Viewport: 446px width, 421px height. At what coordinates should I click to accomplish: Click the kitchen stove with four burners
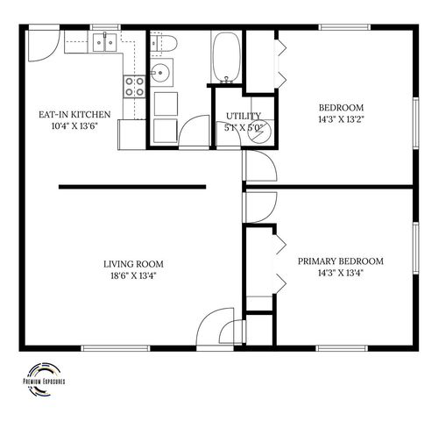[x=135, y=85]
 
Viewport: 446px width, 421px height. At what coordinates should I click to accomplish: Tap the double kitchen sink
[x=108, y=41]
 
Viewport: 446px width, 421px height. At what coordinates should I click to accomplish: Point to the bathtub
[x=226, y=56]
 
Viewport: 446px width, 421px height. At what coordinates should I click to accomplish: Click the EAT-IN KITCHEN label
[x=74, y=114]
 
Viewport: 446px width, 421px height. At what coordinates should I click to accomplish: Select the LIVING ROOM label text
[x=133, y=263]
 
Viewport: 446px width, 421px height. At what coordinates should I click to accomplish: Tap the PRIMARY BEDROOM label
[x=340, y=260]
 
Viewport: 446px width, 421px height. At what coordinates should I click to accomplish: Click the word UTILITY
[x=242, y=116]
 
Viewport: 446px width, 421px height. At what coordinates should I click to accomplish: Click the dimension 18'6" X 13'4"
[x=133, y=277]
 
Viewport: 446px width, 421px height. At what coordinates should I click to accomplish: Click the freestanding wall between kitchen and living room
[x=131, y=187]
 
